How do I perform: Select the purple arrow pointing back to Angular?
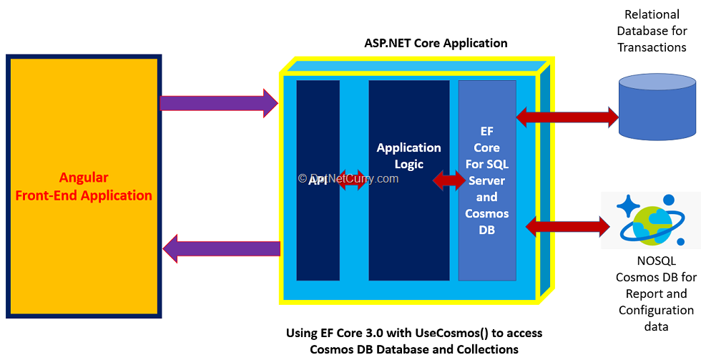coord(222,248)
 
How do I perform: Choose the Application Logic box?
coord(409,229)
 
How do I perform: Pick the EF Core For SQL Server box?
coord(487,179)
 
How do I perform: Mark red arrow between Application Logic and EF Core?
coord(449,181)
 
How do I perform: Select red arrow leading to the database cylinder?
coord(567,115)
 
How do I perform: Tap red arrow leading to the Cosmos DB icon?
coord(567,227)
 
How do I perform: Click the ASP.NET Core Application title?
coord(436,43)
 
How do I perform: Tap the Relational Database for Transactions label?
coord(652,31)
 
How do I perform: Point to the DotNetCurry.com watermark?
coord(348,178)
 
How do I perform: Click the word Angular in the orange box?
coord(84,177)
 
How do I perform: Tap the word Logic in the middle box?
coord(409,165)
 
